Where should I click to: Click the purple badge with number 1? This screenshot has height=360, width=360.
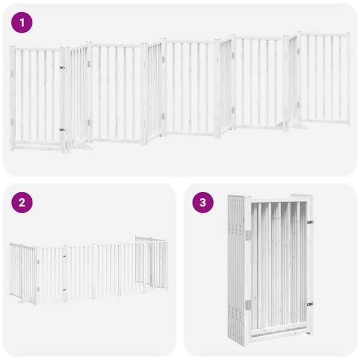tap(22, 23)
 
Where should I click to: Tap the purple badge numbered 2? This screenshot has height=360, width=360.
tap(22, 202)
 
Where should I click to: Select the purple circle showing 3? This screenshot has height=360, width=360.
tap(203, 202)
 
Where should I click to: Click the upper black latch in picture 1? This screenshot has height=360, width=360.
tap(62, 68)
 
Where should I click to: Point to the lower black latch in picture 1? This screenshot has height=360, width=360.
tap(62, 129)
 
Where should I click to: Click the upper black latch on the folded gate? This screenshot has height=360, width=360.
tap(310, 223)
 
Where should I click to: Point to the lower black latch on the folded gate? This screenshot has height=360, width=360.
tap(310, 304)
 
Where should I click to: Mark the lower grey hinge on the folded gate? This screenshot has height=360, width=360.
tap(247, 305)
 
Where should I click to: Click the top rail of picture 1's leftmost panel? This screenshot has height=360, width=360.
tap(36, 49)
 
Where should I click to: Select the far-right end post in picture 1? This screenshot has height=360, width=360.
tap(348, 78)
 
